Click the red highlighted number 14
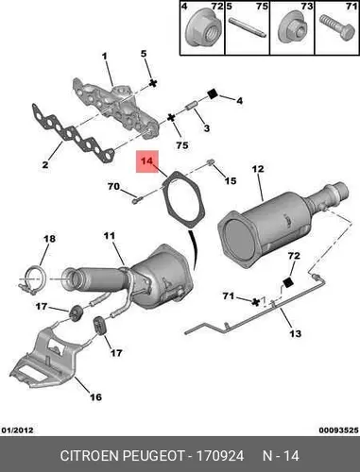(146, 161)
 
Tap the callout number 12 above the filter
(258, 169)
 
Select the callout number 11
(110, 236)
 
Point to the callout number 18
(50, 239)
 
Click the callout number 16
(95, 397)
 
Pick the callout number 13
(295, 333)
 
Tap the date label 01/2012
(18, 430)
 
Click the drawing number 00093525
(338, 430)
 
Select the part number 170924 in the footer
(220, 456)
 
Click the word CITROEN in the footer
(90, 456)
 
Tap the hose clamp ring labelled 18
(33, 279)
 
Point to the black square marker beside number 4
(214, 93)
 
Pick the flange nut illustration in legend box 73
(292, 29)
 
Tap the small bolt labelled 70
(137, 199)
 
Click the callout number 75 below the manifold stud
(182, 145)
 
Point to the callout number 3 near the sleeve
(207, 128)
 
